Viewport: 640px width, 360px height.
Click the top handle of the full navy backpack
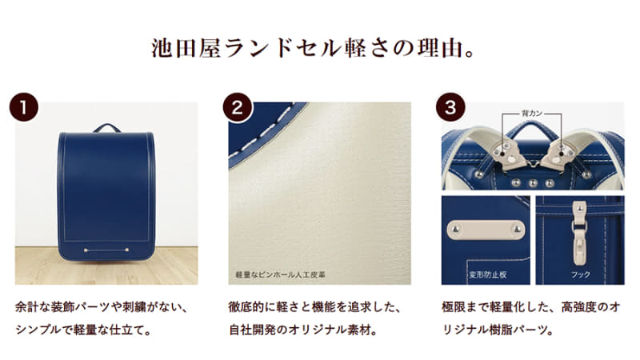[106, 127]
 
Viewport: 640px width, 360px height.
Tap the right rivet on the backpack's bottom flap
[128, 250]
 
